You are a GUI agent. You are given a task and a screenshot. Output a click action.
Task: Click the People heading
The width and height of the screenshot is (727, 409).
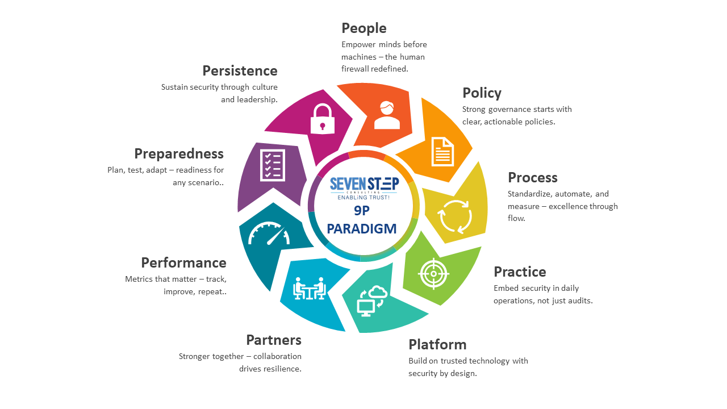pyautogui.click(x=363, y=28)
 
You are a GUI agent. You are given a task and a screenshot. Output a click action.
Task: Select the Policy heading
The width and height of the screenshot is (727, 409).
pyautogui.click(x=482, y=93)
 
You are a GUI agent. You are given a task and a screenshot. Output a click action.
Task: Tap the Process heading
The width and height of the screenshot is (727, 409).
pyautogui.click(x=532, y=178)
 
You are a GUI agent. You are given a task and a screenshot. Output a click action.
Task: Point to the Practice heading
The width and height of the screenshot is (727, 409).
pyautogui.click(x=519, y=272)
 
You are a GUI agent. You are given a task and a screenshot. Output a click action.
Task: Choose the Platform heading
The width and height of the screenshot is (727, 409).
pyautogui.click(x=437, y=345)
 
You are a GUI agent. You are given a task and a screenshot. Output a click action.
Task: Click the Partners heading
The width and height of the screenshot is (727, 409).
pyautogui.click(x=273, y=340)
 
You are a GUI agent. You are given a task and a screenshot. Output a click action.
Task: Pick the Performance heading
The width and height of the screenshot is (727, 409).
pyautogui.click(x=183, y=263)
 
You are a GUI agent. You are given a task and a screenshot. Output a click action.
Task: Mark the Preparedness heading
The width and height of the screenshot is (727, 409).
pyautogui.click(x=179, y=154)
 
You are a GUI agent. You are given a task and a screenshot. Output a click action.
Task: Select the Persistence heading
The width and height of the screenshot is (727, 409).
pyautogui.click(x=240, y=71)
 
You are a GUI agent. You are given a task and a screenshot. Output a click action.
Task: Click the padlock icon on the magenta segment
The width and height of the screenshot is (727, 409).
pyautogui.click(x=321, y=118)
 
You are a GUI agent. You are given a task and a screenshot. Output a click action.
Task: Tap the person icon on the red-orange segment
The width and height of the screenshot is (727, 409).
pyautogui.click(x=387, y=115)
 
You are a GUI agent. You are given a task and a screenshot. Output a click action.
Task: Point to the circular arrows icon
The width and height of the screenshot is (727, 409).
pyautogui.click(x=454, y=216)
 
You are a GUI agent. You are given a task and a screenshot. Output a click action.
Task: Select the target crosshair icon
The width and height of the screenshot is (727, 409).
pyautogui.click(x=433, y=273)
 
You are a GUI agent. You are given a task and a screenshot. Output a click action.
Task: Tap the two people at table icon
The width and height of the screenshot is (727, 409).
pyautogui.click(x=309, y=289)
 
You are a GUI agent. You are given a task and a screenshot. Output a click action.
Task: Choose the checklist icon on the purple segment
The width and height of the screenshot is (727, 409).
pyautogui.click(x=273, y=165)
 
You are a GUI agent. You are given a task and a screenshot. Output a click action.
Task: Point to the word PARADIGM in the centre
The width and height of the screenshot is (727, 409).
pyautogui.click(x=362, y=228)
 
